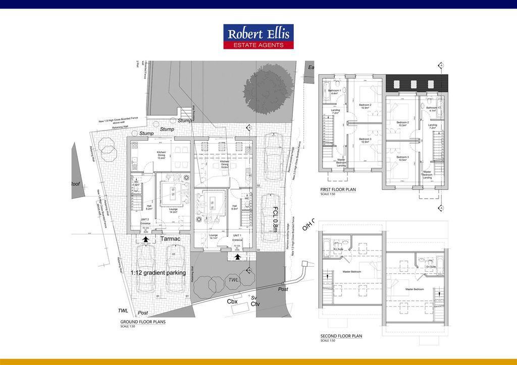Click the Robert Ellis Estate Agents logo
pos(258,37)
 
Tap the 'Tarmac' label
pos(171,238)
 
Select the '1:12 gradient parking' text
pos(158,273)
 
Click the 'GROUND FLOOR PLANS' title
pos(143,322)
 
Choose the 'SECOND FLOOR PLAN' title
pos(341,336)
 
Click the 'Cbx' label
pos(232,301)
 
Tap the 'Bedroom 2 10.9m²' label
pos(366,106)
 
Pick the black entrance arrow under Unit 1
pos(237,257)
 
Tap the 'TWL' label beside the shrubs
pos(233,280)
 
